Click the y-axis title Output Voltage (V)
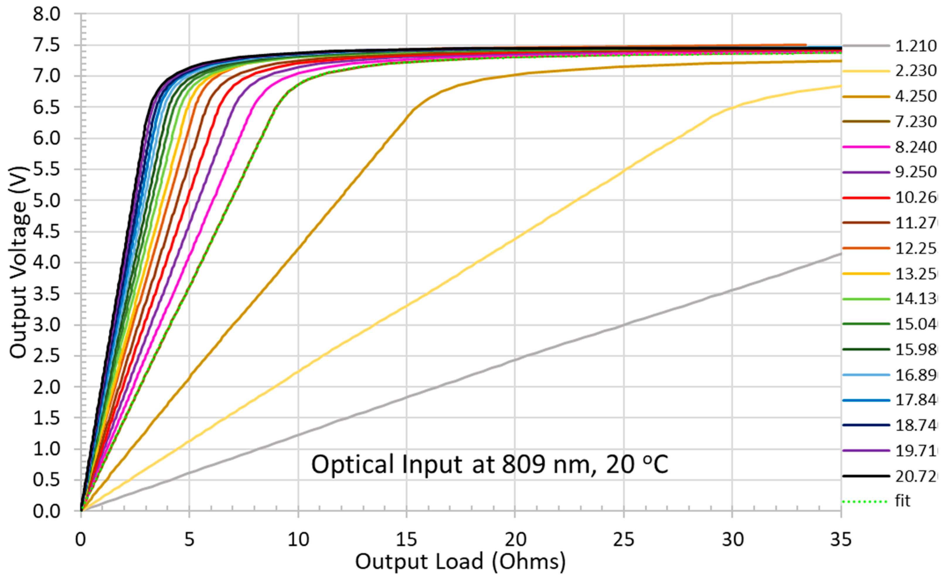(x=18, y=262)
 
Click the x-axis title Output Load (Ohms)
(x=460, y=561)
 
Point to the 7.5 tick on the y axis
(x=47, y=45)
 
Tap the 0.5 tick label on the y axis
(x=47, y=480)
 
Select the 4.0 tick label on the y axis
(x=47, y=263)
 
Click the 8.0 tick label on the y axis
(x=47, y=15)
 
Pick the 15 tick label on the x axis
(x=406, y=540)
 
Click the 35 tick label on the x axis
(x=841, y=540)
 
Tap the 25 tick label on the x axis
(x=623, y=540)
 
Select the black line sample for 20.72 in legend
(x=866, y=476)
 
